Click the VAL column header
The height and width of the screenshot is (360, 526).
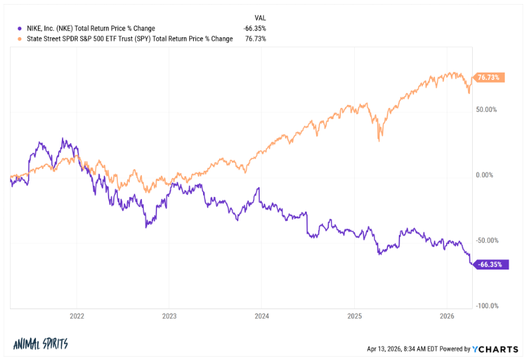pos(260,18)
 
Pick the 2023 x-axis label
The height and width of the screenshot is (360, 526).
pos(170,317)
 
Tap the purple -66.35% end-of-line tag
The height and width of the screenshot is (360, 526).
pos(491,264)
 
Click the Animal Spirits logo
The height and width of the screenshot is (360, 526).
pos(41,344)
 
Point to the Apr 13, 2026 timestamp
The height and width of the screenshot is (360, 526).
pos(400,348)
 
